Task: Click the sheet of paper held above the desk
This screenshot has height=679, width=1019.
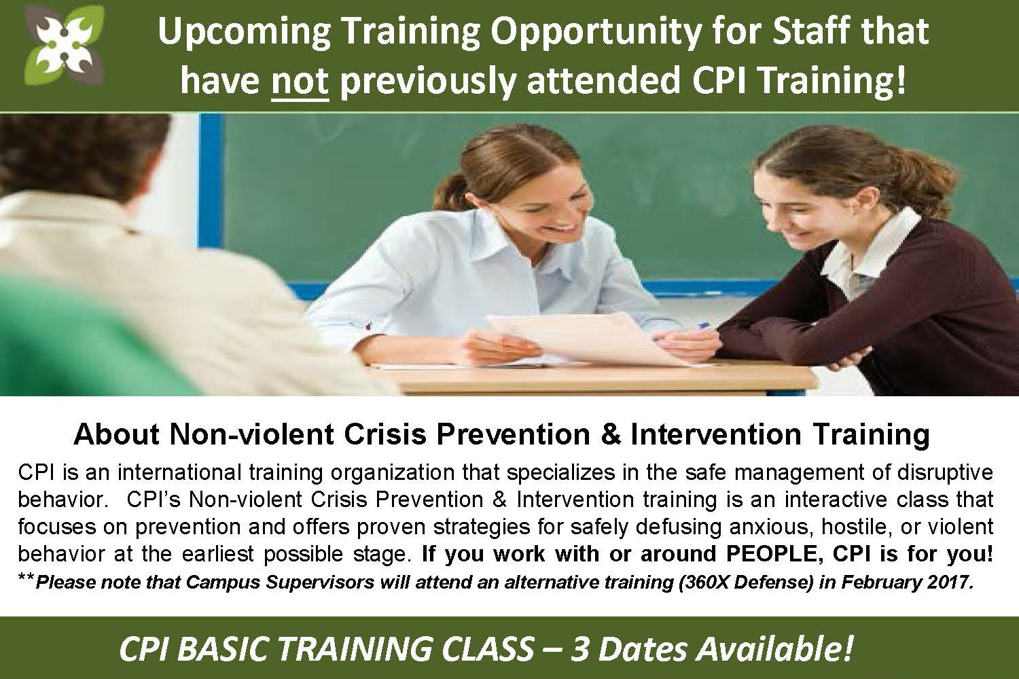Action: pos(587,336)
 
